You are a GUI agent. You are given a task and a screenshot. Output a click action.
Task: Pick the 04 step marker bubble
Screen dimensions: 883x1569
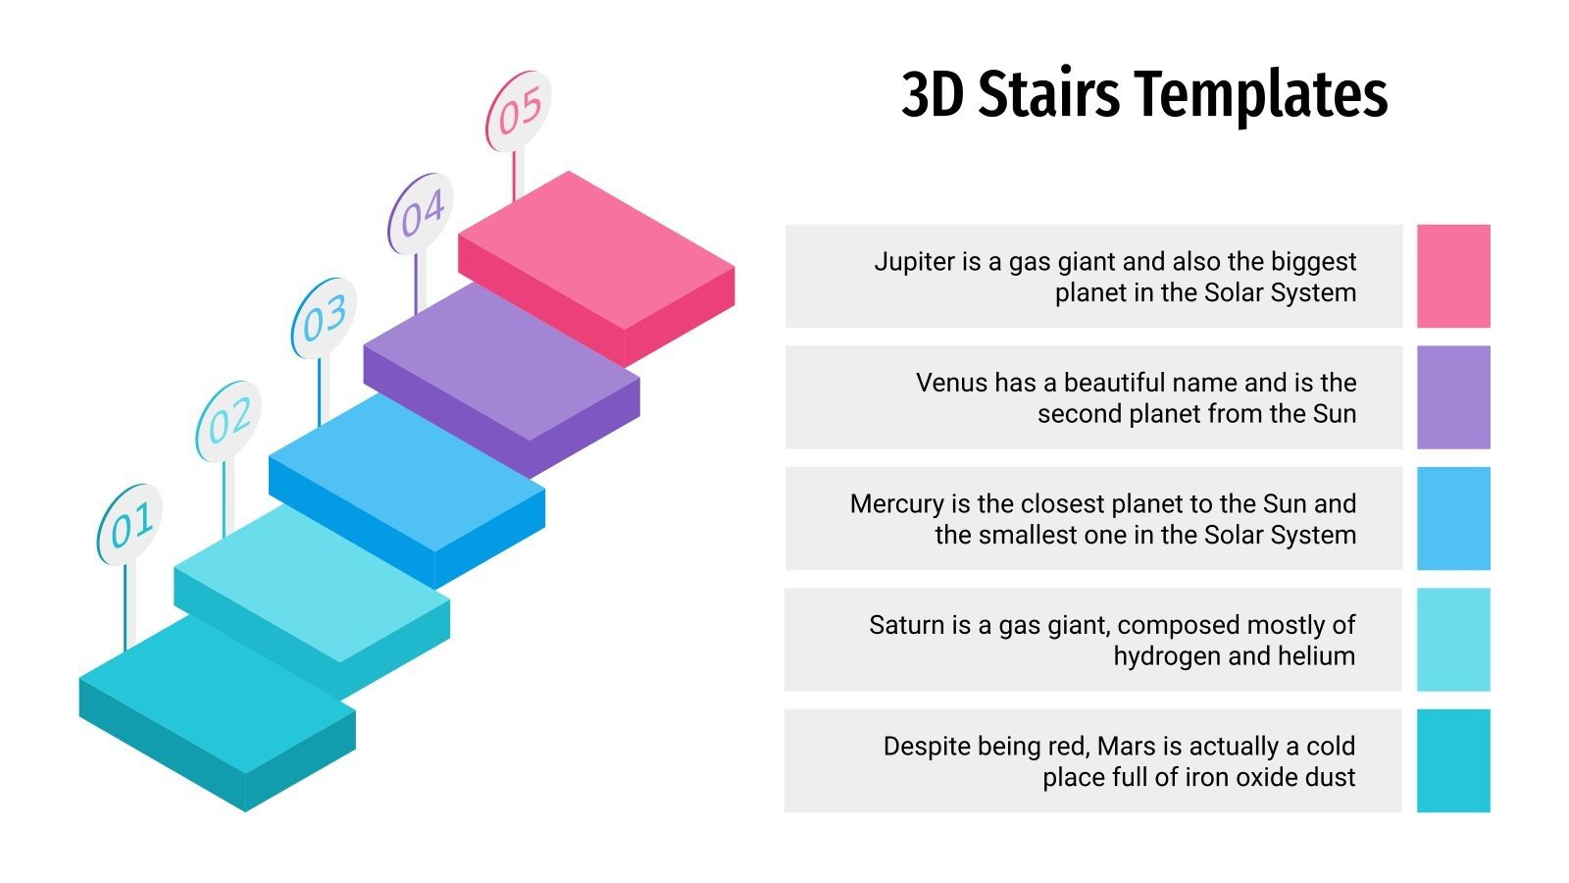421,214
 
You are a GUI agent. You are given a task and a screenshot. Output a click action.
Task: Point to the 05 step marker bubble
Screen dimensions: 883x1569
518,111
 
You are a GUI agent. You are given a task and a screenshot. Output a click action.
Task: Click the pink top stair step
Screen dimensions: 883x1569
596,252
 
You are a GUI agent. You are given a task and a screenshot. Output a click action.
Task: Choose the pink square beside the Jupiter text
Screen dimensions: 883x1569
1453,276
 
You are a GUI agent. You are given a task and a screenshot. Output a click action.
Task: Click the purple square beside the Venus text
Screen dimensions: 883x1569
1453,397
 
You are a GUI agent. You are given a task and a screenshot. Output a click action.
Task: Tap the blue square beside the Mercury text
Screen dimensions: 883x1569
1453,518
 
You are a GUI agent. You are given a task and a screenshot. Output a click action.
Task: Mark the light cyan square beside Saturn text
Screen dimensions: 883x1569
1453,640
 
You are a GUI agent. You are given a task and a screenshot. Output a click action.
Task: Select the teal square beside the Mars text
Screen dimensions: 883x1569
1453,760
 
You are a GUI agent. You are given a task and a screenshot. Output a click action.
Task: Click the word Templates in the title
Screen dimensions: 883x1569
1261,95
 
